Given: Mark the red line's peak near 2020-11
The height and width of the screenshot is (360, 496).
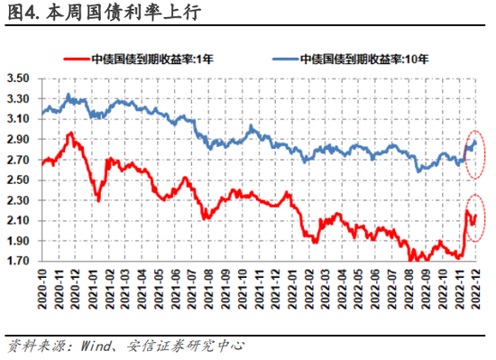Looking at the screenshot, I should pos(71,134).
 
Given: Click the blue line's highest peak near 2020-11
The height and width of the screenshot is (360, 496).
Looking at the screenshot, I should pos(69,94).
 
